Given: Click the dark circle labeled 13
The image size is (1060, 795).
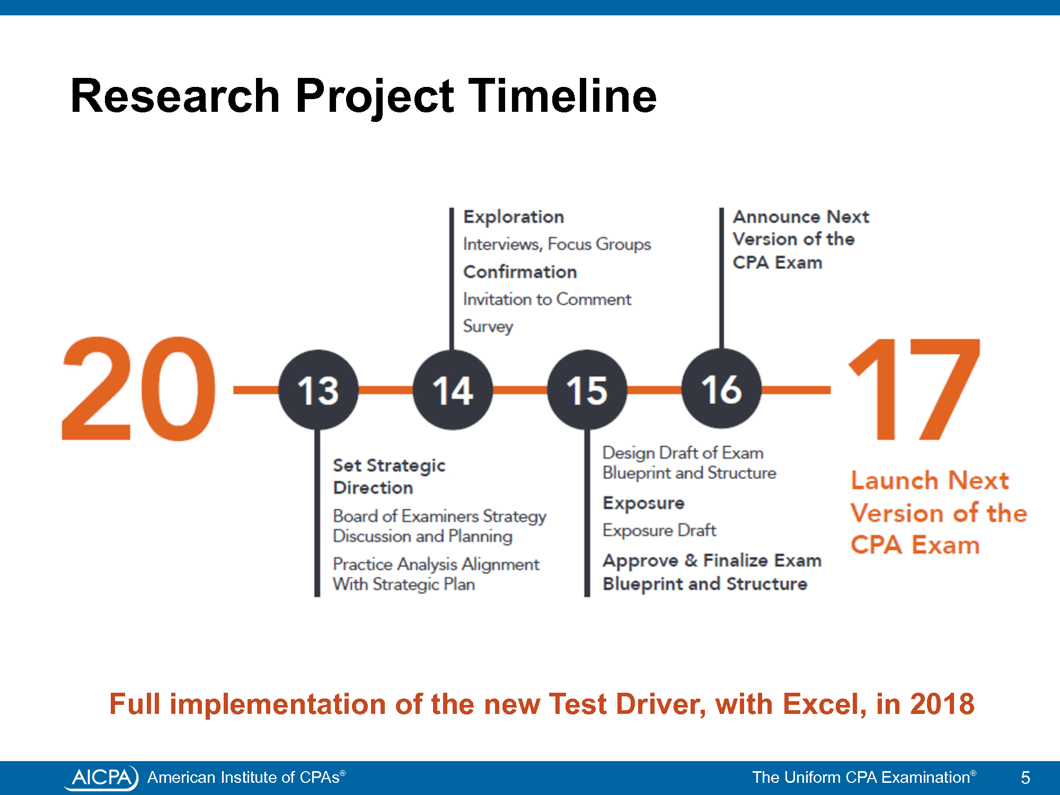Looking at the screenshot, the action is point(318,390).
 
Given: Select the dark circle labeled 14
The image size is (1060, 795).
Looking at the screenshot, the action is point(453,390).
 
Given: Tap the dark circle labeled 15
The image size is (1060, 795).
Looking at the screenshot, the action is point(587,390).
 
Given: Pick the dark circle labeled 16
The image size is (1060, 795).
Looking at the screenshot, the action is point(721,388).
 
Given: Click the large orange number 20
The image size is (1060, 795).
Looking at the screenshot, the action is point(139,388).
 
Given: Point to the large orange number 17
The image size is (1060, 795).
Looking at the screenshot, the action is point(914,390).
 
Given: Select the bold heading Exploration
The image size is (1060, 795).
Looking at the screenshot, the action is point(514,217).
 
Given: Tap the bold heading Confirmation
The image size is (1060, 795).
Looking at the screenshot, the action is point(520,272).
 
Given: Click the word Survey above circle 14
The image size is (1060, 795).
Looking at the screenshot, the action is point(488,326).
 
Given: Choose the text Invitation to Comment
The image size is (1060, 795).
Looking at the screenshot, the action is point(547,299).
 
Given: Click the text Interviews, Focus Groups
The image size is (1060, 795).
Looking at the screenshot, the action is point(557,244).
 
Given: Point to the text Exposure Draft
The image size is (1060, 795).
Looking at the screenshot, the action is point(659,530).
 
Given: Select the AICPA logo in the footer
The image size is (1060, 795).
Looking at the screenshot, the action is point(101,778).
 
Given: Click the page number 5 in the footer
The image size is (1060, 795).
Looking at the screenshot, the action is point(1026,778).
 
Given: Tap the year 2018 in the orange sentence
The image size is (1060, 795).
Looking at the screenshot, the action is point(942,704).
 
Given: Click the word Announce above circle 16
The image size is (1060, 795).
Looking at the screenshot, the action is point(776,217).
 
